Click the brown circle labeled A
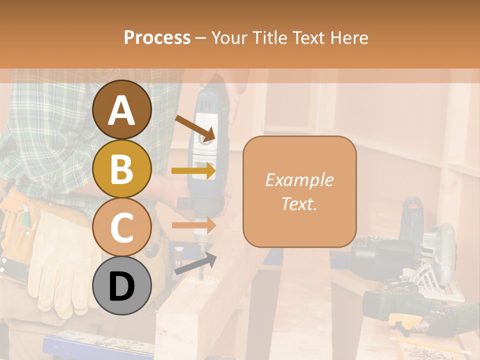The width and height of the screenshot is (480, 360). click(122, 109)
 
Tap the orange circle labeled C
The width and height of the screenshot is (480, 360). click(122, 227)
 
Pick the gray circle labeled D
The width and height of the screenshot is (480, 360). click(122, 285)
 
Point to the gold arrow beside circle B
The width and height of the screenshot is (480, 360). click(193, 171)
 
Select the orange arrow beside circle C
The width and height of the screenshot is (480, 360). click(193, 225)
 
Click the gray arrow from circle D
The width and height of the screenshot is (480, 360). click(195, 264)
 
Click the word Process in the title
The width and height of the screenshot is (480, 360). click(157, 37)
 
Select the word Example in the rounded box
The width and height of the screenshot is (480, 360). click(299, 180)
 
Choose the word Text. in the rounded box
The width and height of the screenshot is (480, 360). click(299, 204)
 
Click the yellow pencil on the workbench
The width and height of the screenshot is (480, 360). click(425, 345)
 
